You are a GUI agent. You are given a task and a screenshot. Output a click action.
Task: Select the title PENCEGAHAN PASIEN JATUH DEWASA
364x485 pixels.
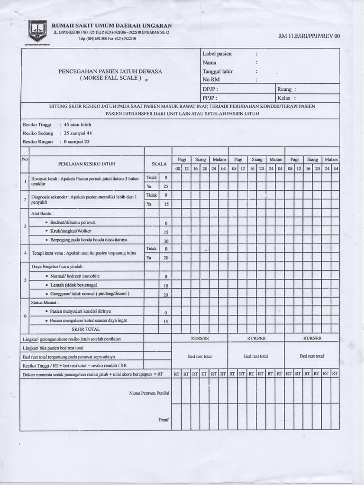tap(110, 71)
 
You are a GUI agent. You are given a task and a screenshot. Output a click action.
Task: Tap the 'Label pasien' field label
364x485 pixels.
tap(217, 54)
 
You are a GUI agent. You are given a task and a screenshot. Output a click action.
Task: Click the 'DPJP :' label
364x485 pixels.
tap(210, 89)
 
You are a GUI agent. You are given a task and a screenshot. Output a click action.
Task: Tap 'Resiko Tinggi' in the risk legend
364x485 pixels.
tap(37, 125)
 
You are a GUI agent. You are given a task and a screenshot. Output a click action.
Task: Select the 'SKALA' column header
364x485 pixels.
tap(159, 163)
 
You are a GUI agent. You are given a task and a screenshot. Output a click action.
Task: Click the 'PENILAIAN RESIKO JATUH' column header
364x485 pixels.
tap(87, 163)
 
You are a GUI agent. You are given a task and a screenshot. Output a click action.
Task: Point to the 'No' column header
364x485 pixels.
tap(25, 159)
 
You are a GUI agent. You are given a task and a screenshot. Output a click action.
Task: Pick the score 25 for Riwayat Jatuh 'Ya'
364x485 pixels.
tap(166, 186)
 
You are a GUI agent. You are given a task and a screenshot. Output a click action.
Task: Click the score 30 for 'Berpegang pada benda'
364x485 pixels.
tap(166, 241)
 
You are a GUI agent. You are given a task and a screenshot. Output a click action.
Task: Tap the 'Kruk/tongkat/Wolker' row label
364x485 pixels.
tap(71, 232)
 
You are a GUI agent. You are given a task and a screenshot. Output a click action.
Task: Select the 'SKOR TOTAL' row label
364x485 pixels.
tap(86, 329)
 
